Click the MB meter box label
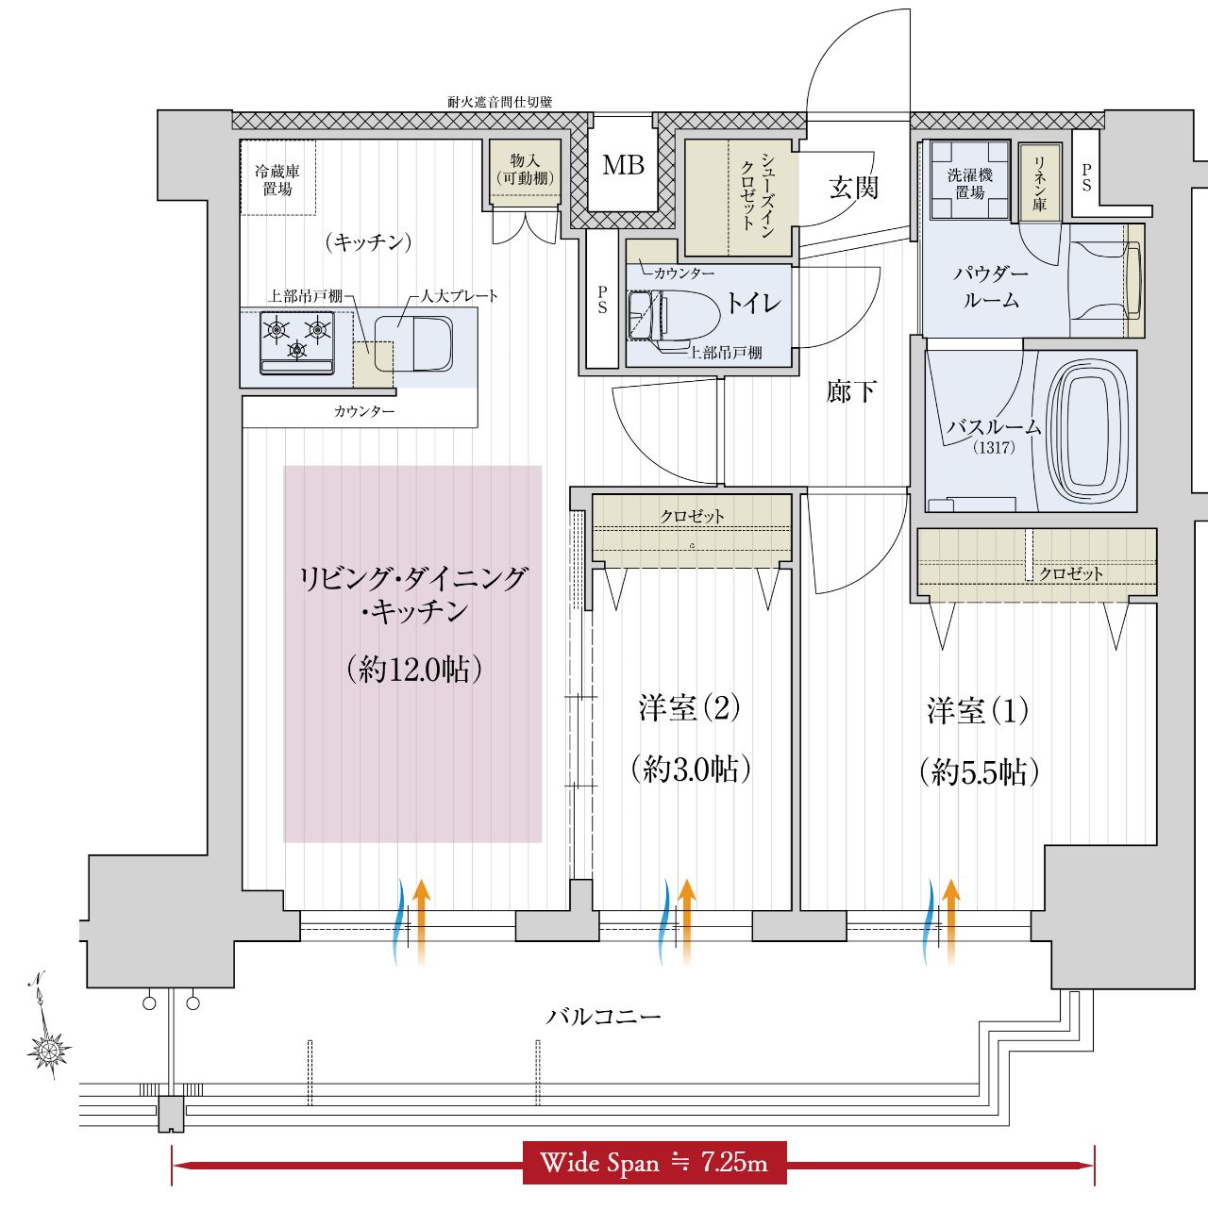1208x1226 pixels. (623, 165)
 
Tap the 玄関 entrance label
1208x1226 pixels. (853, 188)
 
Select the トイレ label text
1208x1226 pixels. (752, 303)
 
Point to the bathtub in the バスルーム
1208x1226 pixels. (1088, 431)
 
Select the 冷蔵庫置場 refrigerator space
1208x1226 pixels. (277, 178)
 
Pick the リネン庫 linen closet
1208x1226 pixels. (1039, 183)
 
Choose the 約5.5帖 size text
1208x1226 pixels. (979, 773)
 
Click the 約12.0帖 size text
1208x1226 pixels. (414, 670)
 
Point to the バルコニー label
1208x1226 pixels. (604, 1017)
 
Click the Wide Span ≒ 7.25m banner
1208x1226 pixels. (654, 1163)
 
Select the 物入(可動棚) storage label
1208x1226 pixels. (526, 170)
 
